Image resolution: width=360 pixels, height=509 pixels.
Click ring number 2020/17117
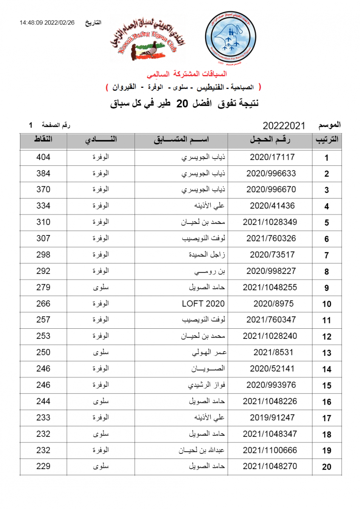tap(272, 157)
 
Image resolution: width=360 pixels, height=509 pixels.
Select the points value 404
tap(43, 157)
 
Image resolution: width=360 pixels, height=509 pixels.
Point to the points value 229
tap(43, 466)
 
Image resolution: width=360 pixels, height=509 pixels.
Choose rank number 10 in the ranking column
tap(326, 304)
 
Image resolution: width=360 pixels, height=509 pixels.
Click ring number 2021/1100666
tap(270, 450)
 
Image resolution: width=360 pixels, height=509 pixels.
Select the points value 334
tap(43, 206)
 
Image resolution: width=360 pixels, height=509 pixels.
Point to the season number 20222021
tap(284, 126)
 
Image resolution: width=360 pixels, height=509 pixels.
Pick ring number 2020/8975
tap(273, 304)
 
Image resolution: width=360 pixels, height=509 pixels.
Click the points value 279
tap(43, 287)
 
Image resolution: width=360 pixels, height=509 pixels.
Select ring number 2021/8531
tap(273, 352)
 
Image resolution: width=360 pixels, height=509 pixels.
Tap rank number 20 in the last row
tap(326, 467)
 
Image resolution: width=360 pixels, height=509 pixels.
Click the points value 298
tap(43, 255)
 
